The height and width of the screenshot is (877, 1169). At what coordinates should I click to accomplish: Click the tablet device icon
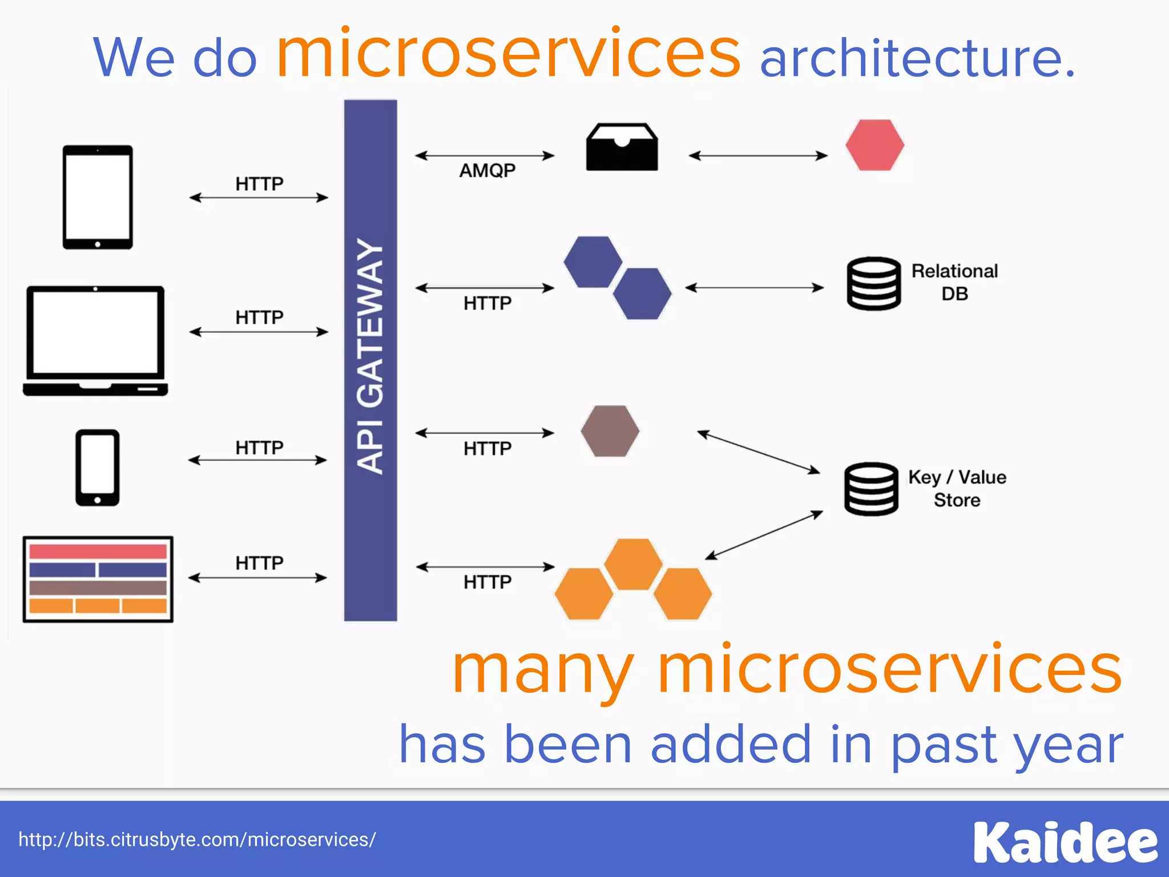click(98, 197)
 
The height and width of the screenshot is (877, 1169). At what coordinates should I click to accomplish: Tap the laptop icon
click(95, 341)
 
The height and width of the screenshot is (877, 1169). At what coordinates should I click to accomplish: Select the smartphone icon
click(98, 468)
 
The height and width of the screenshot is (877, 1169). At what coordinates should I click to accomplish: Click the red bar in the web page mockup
click(98, 552)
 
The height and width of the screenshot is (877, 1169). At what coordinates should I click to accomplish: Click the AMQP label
click(487, 170)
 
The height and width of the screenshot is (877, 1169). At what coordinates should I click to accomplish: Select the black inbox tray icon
click(622, 147)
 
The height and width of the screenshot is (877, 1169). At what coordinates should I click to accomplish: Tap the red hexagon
click(874, 145)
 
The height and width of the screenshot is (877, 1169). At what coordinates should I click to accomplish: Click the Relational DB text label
click(954, 282)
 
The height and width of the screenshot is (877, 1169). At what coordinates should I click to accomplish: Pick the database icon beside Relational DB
click(873, 283)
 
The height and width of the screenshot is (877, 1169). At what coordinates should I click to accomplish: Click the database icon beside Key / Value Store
click(871, 489)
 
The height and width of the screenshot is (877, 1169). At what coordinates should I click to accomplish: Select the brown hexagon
click(610, 431)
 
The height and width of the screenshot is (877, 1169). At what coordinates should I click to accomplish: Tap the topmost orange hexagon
click(633, 564)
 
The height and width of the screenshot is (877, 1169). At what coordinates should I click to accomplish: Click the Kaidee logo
click(1065, 842)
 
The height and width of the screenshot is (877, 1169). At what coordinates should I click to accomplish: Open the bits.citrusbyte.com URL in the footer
click(197, 840)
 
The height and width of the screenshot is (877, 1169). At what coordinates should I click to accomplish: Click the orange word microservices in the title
click(508, 54)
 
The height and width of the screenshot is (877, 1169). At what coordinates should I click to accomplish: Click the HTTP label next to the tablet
click(259, 184)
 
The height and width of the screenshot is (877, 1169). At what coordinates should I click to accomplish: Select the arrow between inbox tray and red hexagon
click(758, 155)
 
